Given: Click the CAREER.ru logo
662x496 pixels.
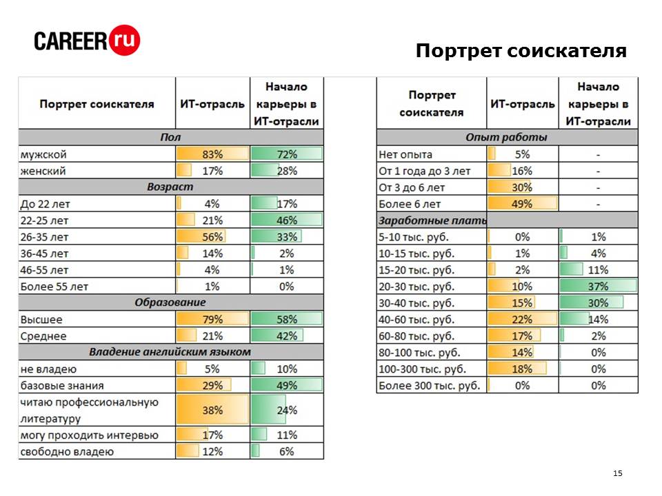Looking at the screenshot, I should [x=88, y=41].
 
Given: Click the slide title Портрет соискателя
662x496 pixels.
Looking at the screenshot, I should [x=521, y=52].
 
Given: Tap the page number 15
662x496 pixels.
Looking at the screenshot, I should [x=617, y=473].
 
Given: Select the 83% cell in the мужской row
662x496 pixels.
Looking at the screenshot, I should [x=212, y=154].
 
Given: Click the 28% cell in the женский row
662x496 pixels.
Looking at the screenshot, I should [x=287, y=171].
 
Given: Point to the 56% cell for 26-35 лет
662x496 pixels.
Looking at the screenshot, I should [x=212, y=237].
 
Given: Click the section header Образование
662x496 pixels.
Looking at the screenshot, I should [x=170, y=302].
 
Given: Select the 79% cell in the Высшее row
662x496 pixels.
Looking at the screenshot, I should [x=212, y=320].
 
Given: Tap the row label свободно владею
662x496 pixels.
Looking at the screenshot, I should [x=67, y=452].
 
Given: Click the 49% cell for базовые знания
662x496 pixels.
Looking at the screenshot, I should [x=287, y=386].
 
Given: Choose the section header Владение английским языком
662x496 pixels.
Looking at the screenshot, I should [x=170, y=352].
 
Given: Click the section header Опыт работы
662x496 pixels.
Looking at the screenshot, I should [x=507, y=138].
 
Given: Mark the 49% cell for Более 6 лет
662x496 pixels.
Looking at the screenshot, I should [x=522, y=204].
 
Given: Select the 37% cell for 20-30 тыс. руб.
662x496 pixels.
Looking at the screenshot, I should [x=598, y=287].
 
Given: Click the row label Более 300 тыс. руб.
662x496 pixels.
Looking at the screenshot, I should [x=430, y=386].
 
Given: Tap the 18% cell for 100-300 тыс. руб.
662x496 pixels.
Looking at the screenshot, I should [x=522, y=369].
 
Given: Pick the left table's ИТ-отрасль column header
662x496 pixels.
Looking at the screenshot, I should [x=212, y=104].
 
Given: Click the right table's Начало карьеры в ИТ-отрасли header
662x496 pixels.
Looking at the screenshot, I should [x=598, y=104].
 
